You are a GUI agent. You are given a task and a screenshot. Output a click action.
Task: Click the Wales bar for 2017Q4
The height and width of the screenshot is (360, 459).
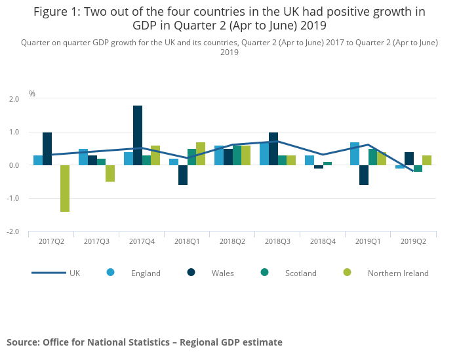[x=138, y=136]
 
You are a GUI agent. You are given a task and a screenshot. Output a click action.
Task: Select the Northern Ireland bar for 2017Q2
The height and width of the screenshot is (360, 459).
[x=65, y=188]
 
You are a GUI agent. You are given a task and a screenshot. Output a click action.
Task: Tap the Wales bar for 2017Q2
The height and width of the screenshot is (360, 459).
[x=47, y=149]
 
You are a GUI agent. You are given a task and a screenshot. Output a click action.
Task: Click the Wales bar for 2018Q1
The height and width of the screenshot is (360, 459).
[x=183, y=175]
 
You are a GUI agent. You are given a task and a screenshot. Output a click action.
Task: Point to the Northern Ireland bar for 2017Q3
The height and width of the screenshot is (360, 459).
[x=110, y=173]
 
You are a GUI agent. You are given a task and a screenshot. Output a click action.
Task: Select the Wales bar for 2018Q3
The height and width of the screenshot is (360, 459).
[x=273, y=149]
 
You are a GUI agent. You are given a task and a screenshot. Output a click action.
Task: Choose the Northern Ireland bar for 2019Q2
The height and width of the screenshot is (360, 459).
[x=427, y=161]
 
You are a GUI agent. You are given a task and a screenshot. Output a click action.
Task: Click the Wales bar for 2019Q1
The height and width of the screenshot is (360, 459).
[x=364, y=175]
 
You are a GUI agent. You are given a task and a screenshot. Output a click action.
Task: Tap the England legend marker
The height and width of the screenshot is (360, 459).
[x=110, y=273]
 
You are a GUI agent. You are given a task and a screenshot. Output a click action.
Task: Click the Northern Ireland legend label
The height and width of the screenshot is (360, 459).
[x=398, y=273]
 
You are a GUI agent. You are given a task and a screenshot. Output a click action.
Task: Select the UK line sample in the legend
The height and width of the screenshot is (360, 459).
[x=49, y=273]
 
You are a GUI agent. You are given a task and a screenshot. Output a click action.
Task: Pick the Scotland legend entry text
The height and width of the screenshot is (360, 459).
[x=301, y=273]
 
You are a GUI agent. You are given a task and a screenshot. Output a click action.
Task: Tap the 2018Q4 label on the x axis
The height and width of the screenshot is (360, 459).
[x=323, y=242]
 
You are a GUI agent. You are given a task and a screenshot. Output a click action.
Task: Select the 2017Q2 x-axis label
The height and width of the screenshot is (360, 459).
[x=51, y=242]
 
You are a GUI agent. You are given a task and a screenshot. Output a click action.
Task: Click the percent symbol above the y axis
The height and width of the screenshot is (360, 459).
[x=32, y=94]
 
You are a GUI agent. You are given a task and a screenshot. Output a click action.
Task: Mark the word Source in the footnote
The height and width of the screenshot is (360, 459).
[x=22, y=342]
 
